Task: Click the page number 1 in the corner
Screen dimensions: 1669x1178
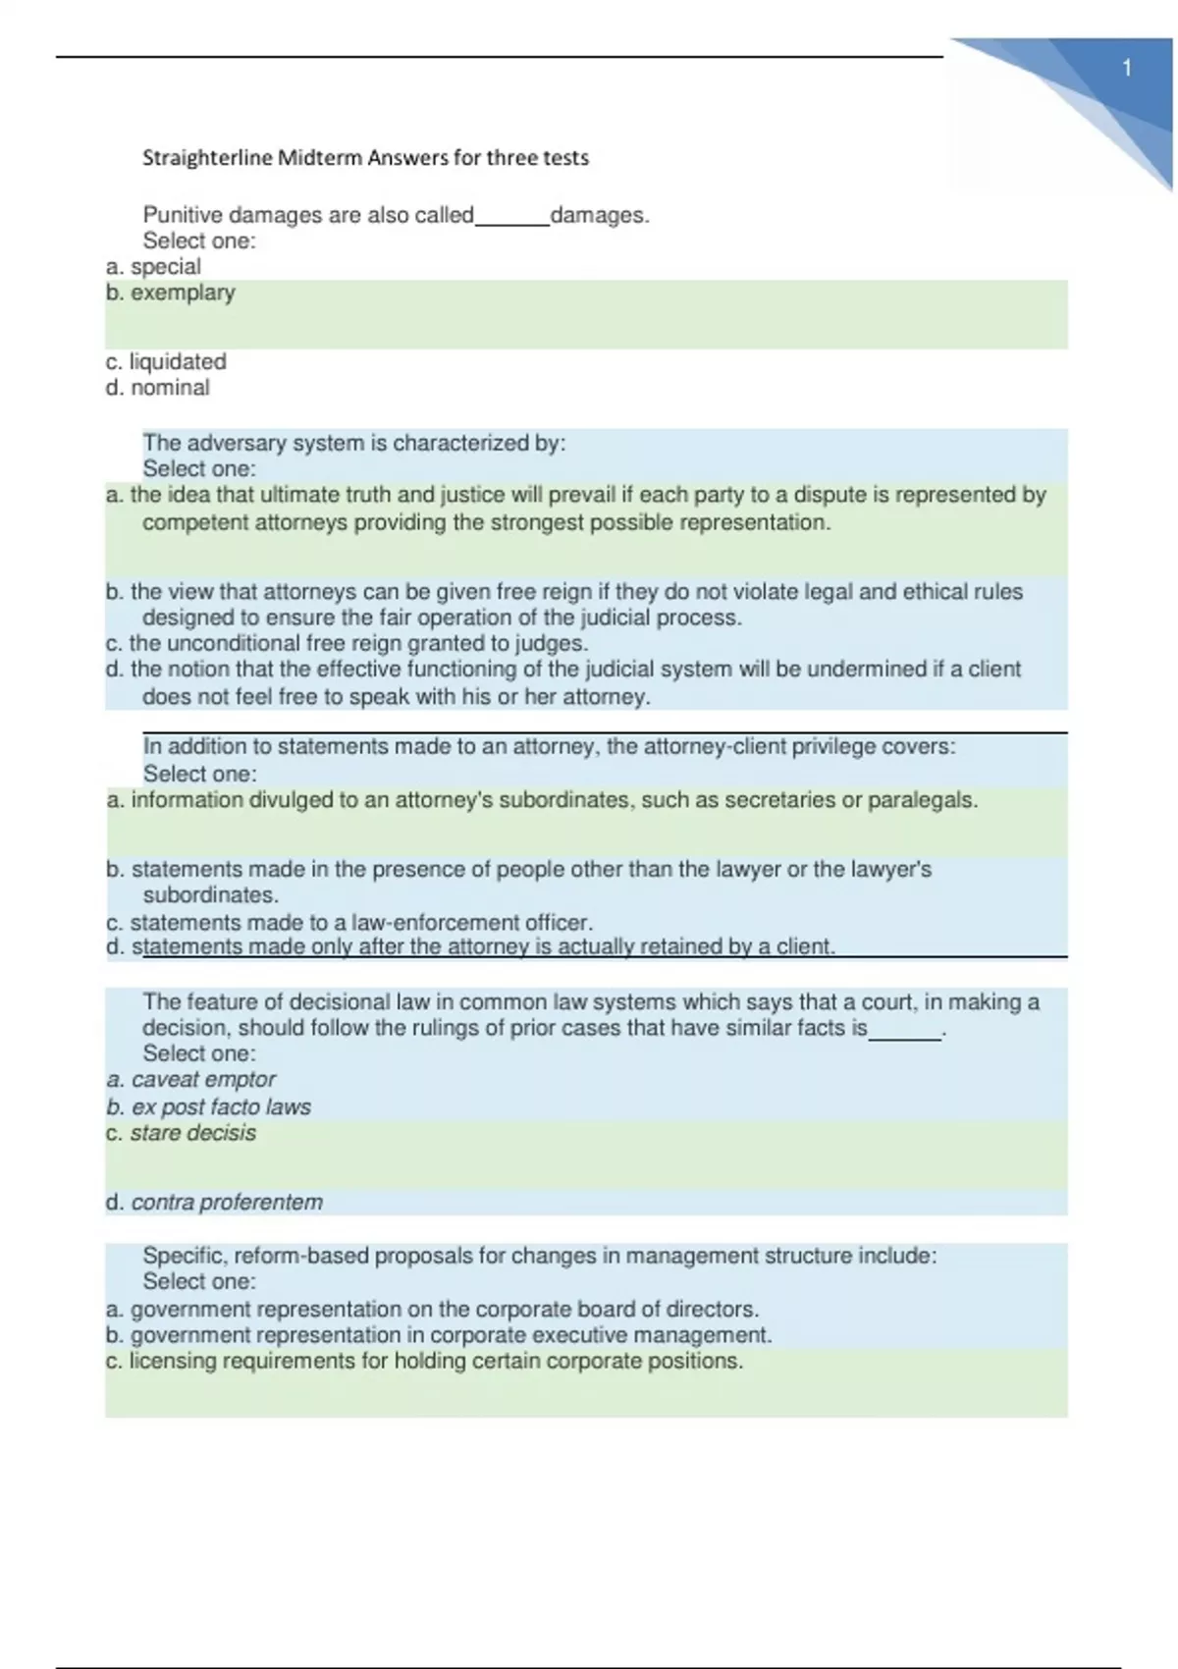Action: [1127, 69]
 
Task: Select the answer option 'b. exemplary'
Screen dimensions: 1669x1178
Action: [171, 293]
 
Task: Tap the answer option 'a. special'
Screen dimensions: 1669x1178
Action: [153, 267]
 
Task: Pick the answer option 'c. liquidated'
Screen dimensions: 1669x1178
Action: [166, 362]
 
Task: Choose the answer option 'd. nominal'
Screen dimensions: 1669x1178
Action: [158, 388]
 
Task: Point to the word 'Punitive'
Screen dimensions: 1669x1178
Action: [182, 215]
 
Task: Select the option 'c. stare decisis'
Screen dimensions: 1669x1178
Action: [182, 1133]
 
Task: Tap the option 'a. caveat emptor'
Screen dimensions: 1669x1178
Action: [191, 1080]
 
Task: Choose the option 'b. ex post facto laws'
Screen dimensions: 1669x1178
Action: [208, 1107]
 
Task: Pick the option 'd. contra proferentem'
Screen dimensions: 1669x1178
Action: [214, 1203]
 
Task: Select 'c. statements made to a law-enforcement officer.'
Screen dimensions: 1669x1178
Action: [349, 923]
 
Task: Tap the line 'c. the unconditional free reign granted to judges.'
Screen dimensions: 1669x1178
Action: [348, 644]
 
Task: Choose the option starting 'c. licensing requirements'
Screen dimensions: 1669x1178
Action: [424, 1362]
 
